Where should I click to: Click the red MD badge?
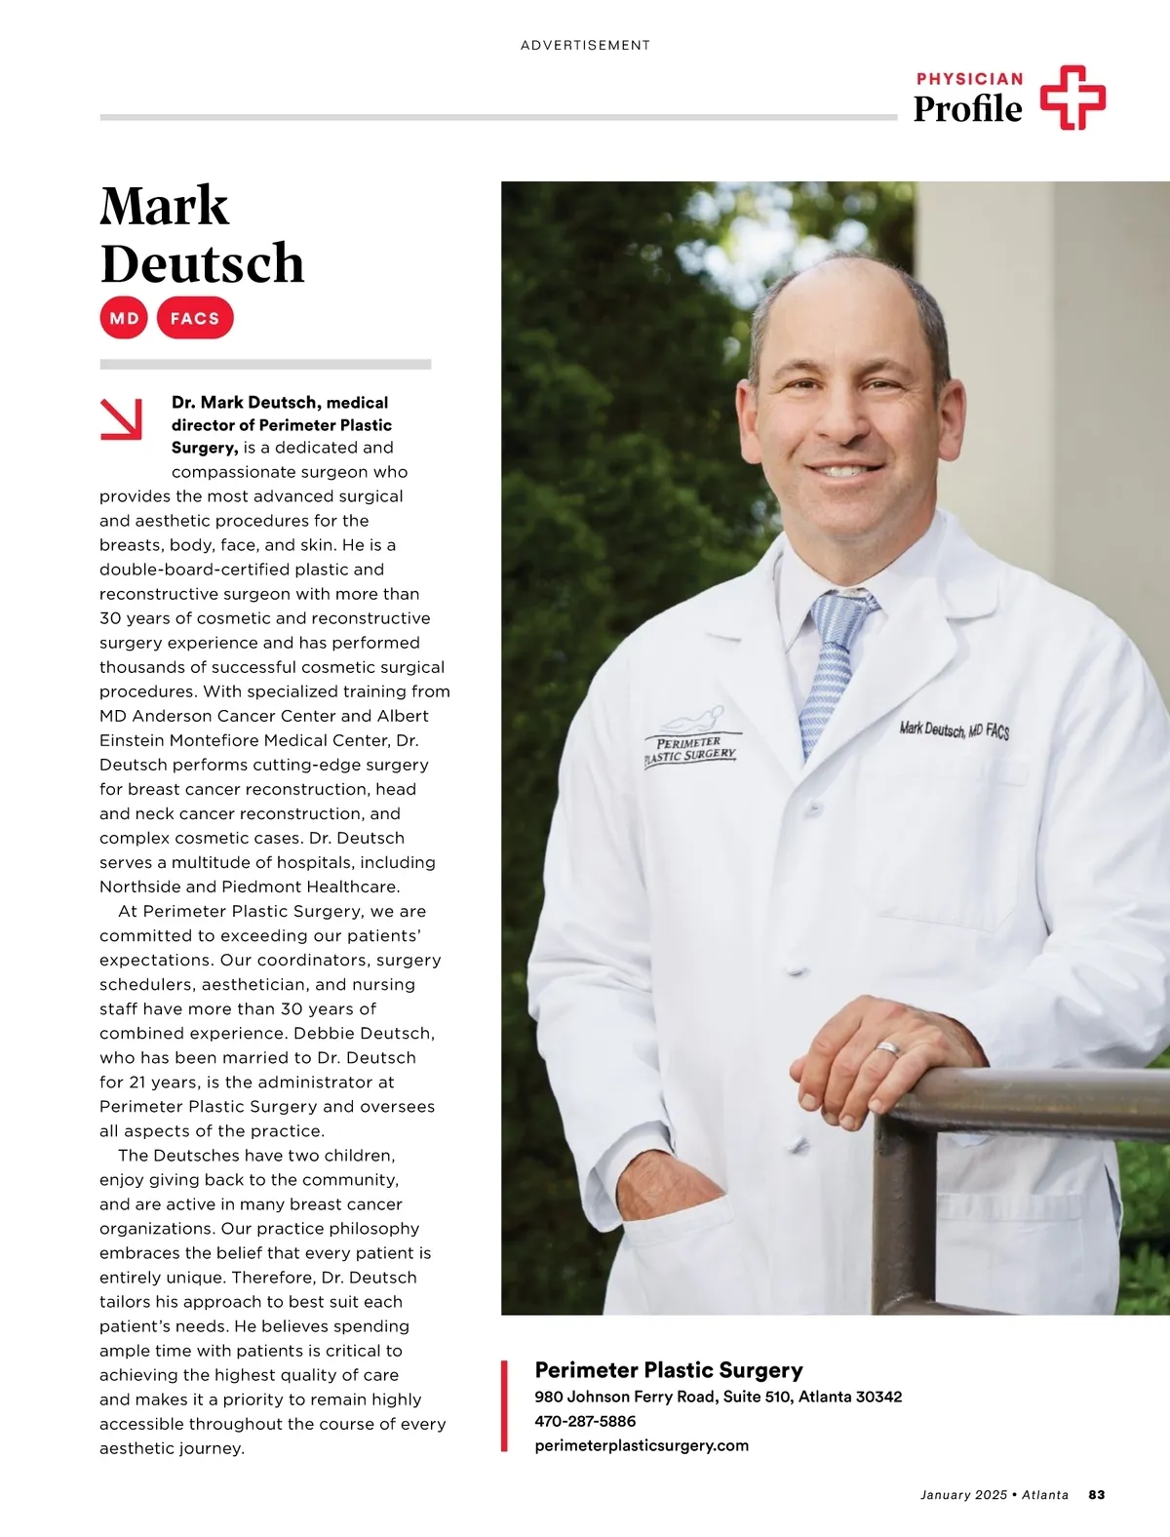pos(124,318)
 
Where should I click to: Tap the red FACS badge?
pos(195,318)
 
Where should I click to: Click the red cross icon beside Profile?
pos(1072,98)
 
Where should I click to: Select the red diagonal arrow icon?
pos(122,418)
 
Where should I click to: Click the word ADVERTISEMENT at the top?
pos(585,45)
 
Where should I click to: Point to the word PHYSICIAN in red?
pos(969,79)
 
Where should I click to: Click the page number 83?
pos(1097,1494)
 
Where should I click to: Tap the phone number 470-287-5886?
pos(585,1421)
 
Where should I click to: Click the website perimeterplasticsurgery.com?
pos(642,1445)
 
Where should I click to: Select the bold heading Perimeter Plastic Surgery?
pos(669,1370)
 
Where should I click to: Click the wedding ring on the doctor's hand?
pos(888,1048)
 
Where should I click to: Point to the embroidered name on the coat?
pos(954,729)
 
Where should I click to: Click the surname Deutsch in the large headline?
pos(203,263)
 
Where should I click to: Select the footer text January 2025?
pos(963,1494)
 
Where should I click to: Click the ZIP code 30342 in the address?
pos(878,1397)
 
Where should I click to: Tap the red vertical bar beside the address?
pos(504,1405)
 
